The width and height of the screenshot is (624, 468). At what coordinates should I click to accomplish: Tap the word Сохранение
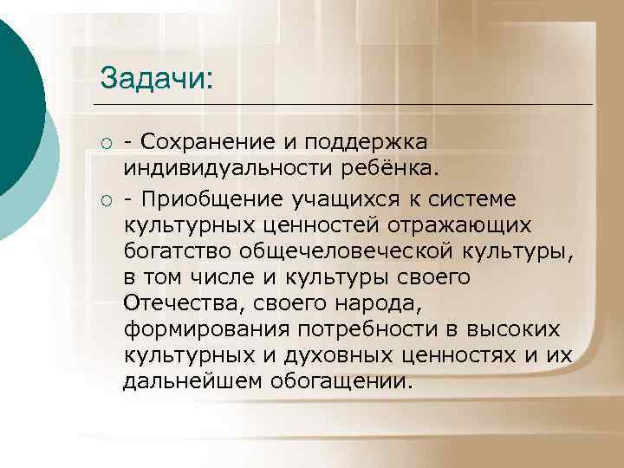pyautogui.click(x=201, y=140)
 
